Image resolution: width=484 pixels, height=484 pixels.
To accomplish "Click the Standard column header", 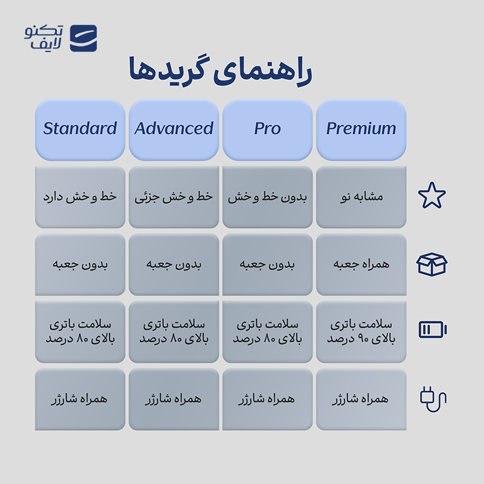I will point(80,129).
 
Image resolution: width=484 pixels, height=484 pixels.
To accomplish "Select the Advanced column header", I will point(174,129).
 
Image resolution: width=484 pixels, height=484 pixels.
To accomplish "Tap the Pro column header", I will point(267,129).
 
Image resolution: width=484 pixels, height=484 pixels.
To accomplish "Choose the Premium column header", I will point(361,129).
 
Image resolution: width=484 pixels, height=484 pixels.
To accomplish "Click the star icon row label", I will point(432,196).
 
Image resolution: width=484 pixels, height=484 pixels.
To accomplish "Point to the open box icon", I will point(432,264).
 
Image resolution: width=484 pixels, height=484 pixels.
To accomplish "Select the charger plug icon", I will point(433,398).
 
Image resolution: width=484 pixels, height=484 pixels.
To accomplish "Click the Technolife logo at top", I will point(60,38).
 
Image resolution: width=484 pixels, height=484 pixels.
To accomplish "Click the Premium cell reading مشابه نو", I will point(361,197).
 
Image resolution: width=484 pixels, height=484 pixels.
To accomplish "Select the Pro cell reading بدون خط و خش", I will point(267,197).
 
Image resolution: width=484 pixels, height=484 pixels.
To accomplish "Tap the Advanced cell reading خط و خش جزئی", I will point(174,197).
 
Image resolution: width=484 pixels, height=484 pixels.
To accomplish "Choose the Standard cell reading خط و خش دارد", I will point(80,197).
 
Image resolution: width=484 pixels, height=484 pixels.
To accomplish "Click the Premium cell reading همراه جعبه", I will point(361,264).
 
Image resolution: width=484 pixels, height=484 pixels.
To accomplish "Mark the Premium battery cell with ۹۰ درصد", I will point(361,332).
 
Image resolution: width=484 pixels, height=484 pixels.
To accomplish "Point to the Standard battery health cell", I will point(80,332).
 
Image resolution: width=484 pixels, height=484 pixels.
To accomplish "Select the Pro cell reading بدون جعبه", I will point(267,264).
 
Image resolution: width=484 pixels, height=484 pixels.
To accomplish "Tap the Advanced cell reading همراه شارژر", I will point(174,399).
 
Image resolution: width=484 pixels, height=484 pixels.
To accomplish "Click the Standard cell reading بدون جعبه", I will point(80,264).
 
